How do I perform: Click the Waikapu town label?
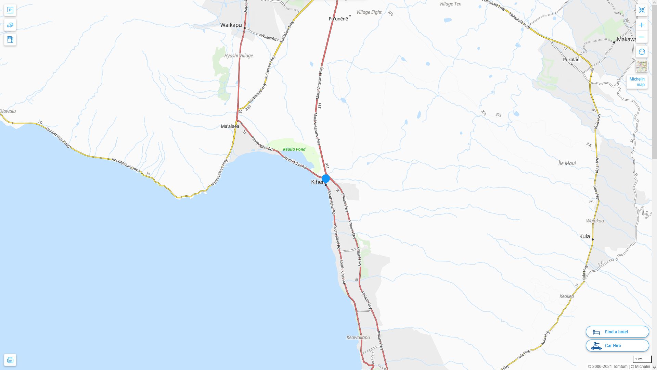coord(231,25)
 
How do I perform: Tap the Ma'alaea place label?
coord(230,126)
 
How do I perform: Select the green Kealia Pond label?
coord(294,149)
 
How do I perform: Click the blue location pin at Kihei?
coord(325,178)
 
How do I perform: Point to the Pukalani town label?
coord(571,60)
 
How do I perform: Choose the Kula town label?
coord(584,236)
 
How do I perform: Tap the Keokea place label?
coord(567,296)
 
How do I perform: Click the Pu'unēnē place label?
coord(338,19)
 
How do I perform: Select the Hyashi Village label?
coord(239,56)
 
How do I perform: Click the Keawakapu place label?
coord(358,337)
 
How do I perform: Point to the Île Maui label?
coord(567,163)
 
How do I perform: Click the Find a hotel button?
coord(617,332)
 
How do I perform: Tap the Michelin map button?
coord(637,82)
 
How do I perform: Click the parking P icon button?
coord(10,10)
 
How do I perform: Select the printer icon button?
coord(10,360)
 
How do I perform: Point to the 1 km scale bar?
coord(642,359)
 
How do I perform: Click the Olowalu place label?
coord(8,111)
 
